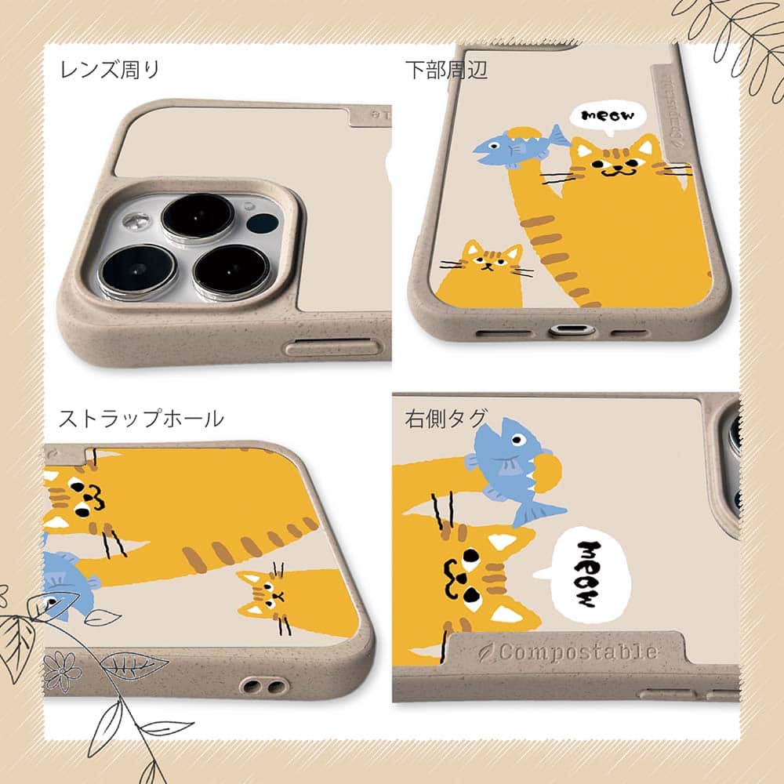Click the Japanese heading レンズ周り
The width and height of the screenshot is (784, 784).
point(109,70)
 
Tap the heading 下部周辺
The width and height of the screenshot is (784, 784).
point(446,70)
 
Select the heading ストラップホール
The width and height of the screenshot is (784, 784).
point(141,418)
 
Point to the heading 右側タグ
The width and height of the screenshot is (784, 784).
point(445,418)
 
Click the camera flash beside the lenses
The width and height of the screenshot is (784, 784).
point(136,221)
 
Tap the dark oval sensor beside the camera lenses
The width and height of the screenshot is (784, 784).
point(262,223)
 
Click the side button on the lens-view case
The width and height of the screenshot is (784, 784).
point(332,347)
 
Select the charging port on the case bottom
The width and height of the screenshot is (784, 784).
point(572,331)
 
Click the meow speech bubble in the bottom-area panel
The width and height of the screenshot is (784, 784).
point(608,117)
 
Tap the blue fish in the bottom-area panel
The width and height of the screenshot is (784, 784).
point(520,147)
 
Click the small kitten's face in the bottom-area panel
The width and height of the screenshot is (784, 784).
point(491,258)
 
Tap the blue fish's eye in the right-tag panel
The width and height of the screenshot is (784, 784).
point(518,441)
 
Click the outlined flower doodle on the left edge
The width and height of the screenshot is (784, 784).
point(61,670)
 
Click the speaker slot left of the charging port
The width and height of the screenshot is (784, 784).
point(502,332)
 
